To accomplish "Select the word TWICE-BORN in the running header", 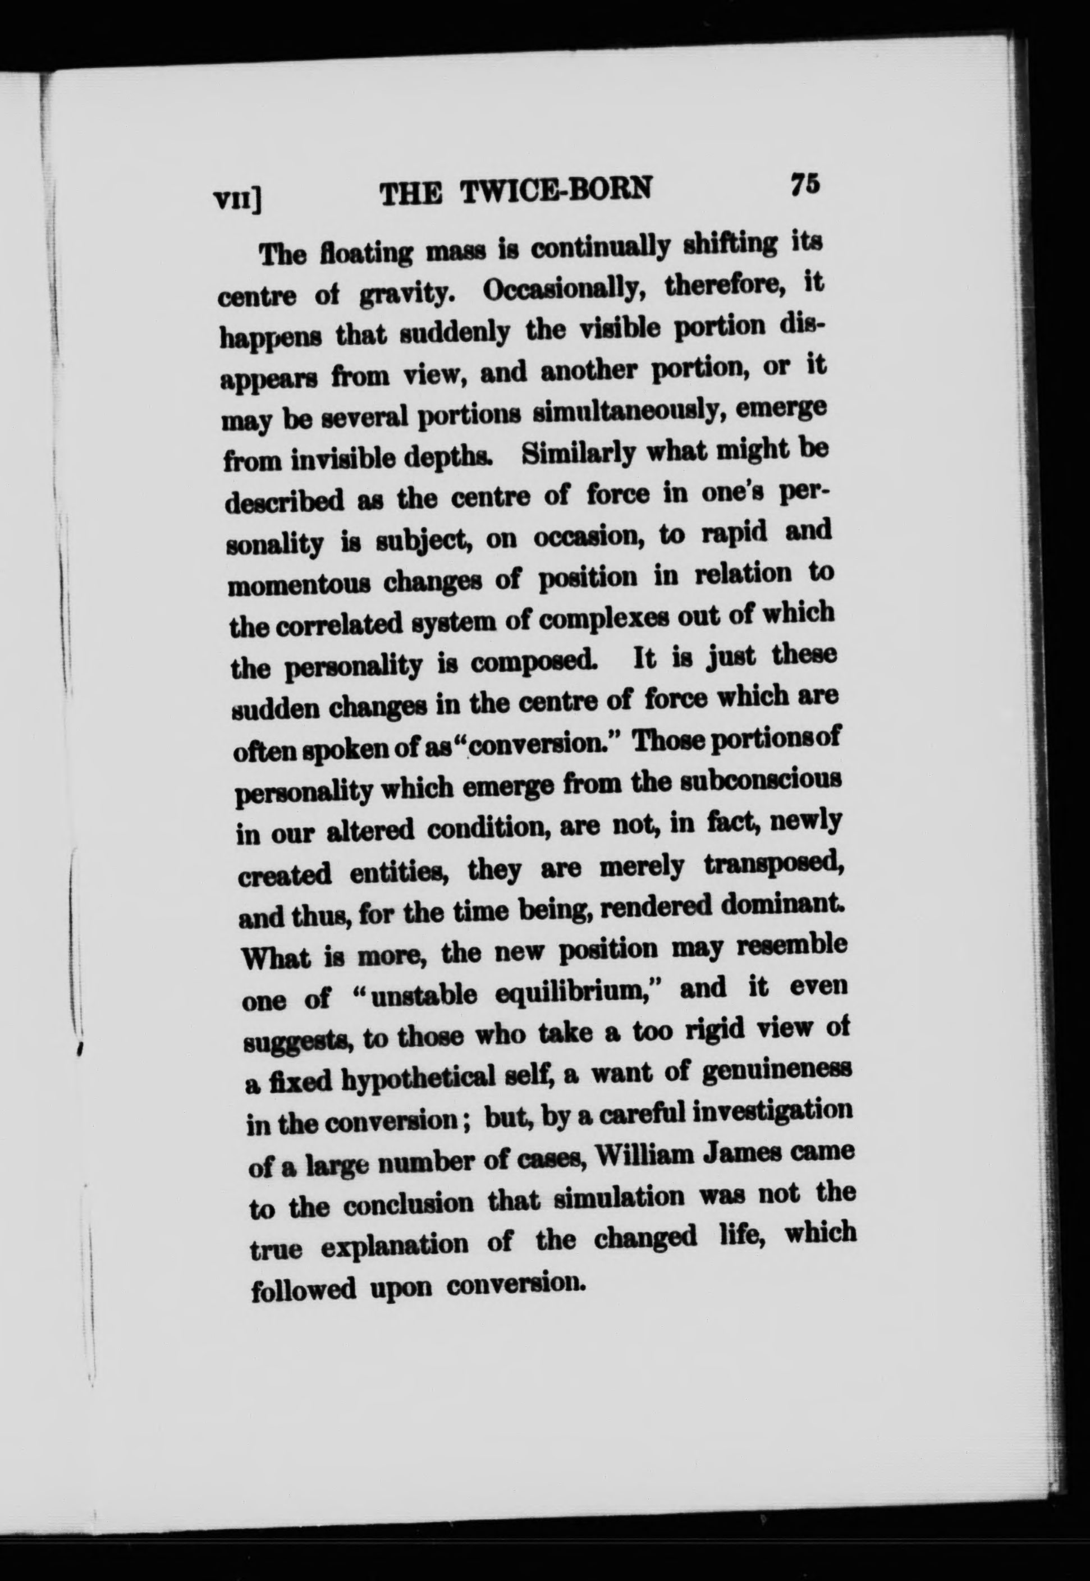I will click(x=556, y=191).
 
